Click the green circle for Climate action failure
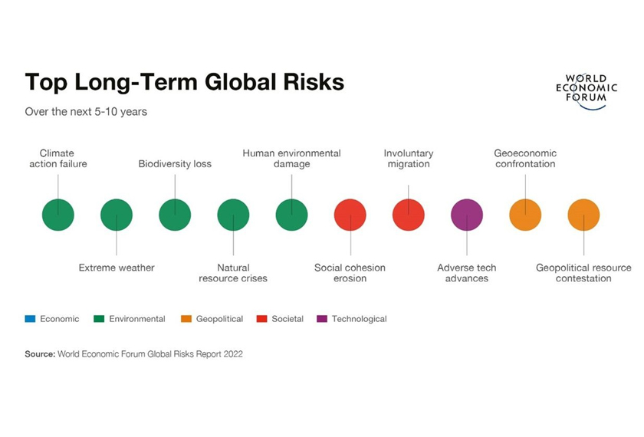[x=58, y=215]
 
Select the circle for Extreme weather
[x=117, y=215]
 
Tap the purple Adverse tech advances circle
[x=467, y=215]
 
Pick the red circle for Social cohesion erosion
[x=350, y=215]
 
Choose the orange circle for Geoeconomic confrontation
[x=525, y=215]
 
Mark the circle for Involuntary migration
[x=409, y=215]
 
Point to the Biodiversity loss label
[x=175, y=164]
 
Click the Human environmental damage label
[x=291, y=159]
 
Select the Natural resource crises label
[x=233, y=273]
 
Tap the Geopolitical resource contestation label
[x=583, y=273]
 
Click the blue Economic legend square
[x=30, y=319]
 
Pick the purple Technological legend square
[x=322, y=319]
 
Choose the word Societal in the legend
[x=287, y=319]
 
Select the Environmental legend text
[x=137, y=319]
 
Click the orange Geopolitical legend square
[x=186, y=319]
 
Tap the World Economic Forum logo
[x=586, y=91]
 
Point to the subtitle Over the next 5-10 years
[x=86, y=112]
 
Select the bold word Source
[x=40, y=354]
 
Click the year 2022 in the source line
[x=233, y=354]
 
